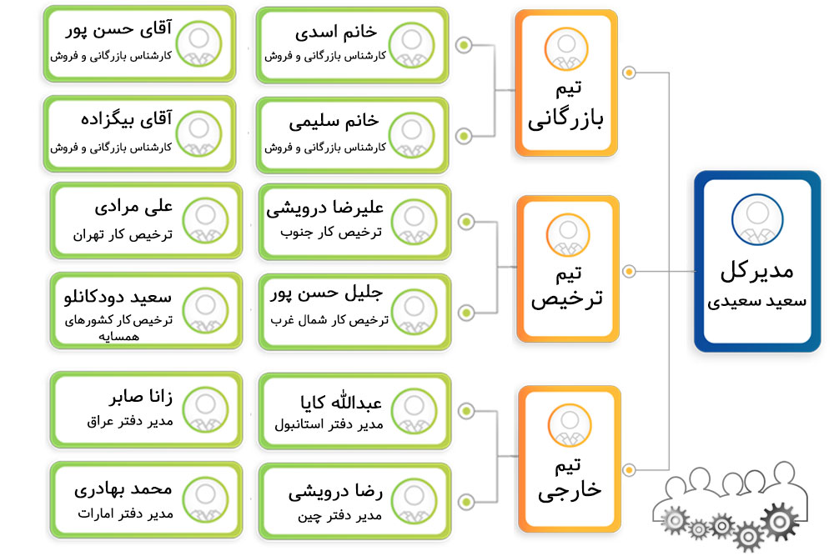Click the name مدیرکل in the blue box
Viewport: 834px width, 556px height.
pos(756,272)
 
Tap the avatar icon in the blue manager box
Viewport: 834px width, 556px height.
pos(757,219)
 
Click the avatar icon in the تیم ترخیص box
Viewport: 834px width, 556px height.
pos(568,235)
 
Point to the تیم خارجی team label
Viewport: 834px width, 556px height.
pos(569,479)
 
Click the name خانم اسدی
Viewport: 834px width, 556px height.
pos(336,33)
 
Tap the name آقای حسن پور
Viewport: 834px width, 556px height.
pos(119,28)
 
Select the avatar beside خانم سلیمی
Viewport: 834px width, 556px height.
pos(411,136)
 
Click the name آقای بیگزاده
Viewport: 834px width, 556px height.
pos(127,119)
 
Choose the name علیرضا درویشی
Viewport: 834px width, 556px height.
pos(325,208)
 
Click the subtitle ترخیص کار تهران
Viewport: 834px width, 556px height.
pos(123,234)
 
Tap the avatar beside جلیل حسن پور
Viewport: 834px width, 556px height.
pos(414,312)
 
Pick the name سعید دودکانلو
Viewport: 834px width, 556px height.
pos(118,297)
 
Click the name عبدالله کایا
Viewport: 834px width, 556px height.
pos(341,401)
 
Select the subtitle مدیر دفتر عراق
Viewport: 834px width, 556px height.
pos(130,422)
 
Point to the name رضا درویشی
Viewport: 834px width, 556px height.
pos(335,493)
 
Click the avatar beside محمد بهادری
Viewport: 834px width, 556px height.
pos(205,499)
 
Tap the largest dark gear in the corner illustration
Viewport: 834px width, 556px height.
pos(780,522)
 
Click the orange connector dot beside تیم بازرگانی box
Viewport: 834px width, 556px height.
pos(629,73)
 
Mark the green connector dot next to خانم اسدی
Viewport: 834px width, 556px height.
pos(464,45)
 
